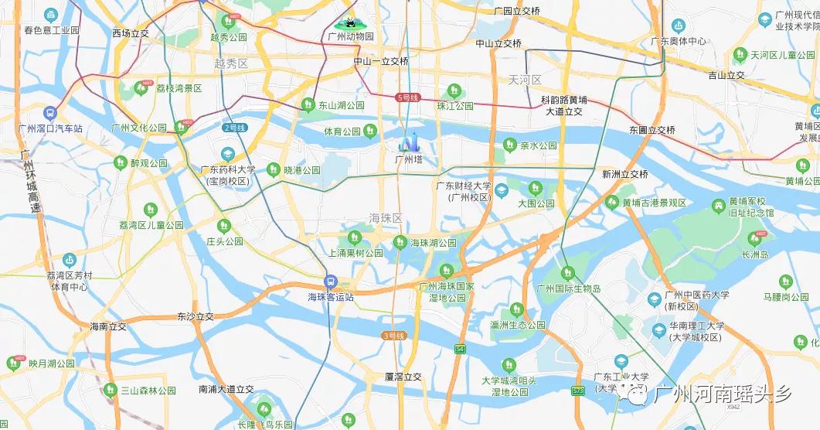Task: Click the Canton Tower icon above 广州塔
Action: click(x=408, y=142)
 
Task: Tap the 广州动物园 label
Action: click(x=350, y=36)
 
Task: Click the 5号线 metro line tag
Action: click(x=407, y=97)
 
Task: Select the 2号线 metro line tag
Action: click(x=234, y=128)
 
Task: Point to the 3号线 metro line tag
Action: click(x=394, y=336)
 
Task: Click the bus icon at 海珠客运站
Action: click(x=330, y=283)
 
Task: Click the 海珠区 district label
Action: click(x=386, y=218)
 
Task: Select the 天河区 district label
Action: click(x=525, y=80)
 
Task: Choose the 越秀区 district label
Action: click(x=231, y=63)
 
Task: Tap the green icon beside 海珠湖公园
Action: click(x=400, y=242)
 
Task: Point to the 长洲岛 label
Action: click(x=754, y=254)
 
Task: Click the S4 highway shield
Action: click(x=461, y=350)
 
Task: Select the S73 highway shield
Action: click(x=578, y=391)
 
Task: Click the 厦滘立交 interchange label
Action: click(x=403, y=377)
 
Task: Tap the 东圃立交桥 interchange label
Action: click(x=652, y=130)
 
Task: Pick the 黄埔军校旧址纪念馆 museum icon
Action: click(x=719, y=206)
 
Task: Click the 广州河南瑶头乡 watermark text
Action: click(x=722, y=394)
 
